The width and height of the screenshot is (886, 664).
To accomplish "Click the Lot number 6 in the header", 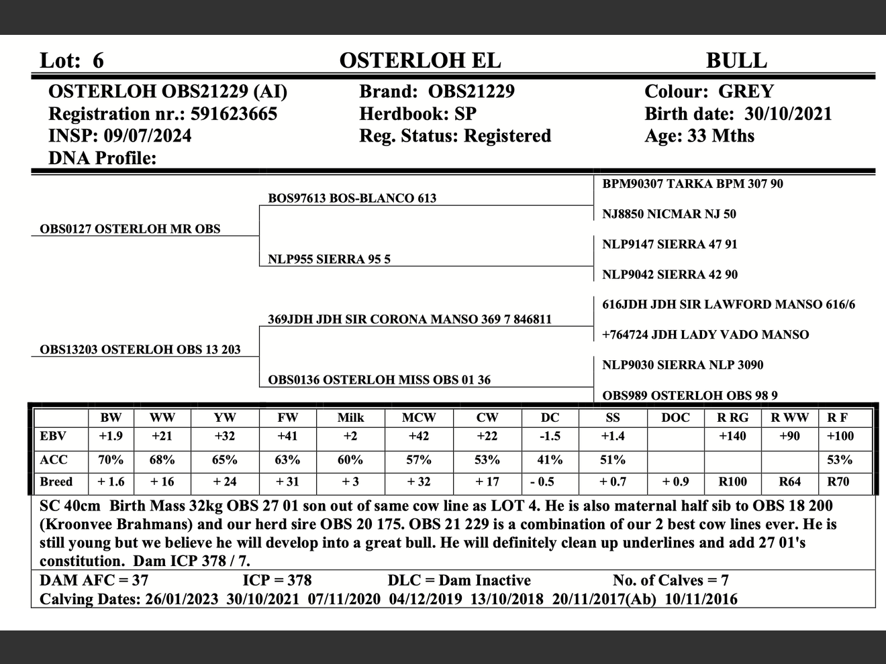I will pos(98,60).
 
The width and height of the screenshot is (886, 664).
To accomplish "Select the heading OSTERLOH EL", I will pos(420,60).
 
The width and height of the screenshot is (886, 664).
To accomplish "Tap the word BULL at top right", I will pos(736,60).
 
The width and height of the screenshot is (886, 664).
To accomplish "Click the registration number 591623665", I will pos(234,114).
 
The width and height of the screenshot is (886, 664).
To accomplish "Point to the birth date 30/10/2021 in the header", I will pos(788,114).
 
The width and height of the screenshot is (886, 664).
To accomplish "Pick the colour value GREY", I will pos(746,92).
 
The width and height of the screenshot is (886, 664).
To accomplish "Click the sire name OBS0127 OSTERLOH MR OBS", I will pos(130,229).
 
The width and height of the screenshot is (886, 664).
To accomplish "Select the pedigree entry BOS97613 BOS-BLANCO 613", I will pos(352,198).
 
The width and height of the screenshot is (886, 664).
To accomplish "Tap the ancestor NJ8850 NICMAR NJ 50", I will pos(669,214).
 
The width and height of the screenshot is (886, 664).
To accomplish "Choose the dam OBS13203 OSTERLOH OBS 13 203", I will pos(140,349).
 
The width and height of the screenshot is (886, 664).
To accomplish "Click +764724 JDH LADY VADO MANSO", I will pos(705,335).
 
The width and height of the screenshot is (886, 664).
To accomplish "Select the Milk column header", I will pos(350,418).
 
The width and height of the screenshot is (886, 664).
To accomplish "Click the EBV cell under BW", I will pos(111,437).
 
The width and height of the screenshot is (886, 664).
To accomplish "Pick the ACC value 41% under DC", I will pos(550,460).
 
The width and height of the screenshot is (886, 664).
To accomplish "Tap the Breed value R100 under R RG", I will pos(732,482).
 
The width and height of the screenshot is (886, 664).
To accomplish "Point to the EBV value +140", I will pos(732,437).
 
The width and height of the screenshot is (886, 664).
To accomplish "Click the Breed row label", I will pos(56,482).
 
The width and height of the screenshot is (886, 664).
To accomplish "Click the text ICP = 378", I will pos(277,580).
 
